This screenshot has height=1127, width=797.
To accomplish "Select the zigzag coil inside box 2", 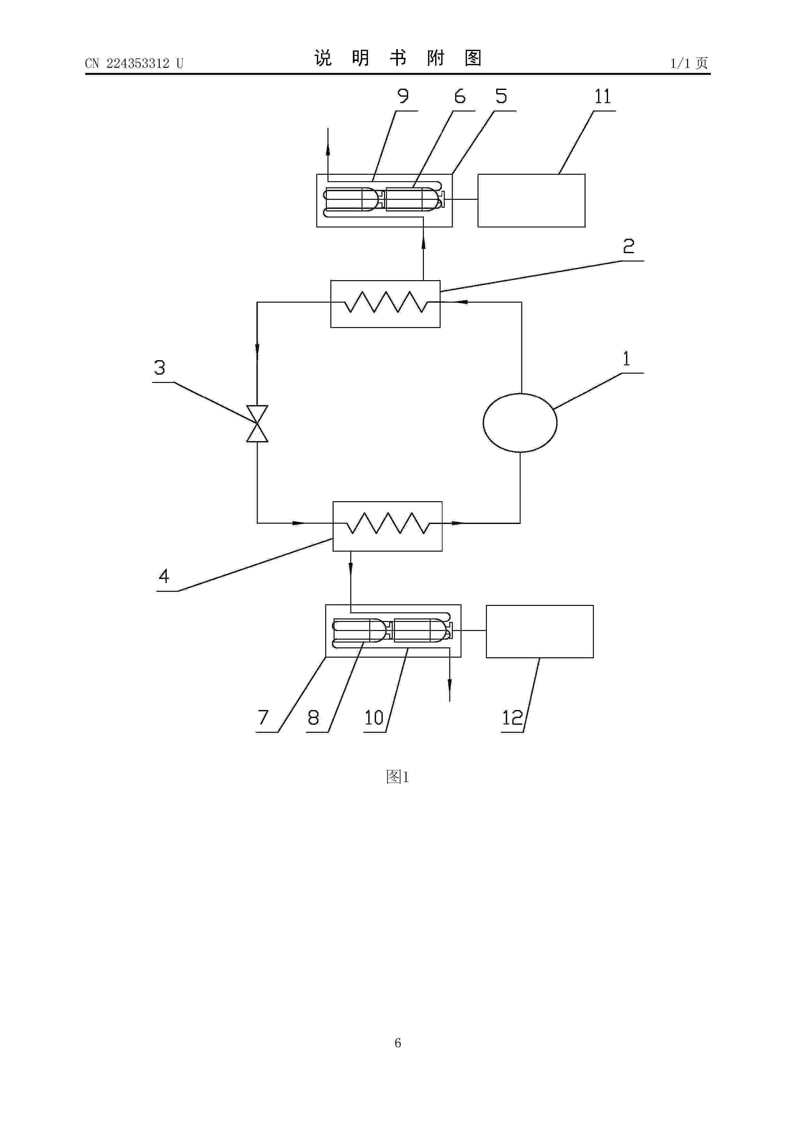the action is click(386, 302).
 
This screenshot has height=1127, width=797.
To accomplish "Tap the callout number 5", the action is click(501, 96).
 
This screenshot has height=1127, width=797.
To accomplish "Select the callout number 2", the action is click(629, 246).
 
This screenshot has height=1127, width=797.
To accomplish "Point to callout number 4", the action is click(164, 576).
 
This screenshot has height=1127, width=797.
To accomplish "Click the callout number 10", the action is click(374, 718).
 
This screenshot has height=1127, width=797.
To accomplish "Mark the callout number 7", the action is click(263, 718).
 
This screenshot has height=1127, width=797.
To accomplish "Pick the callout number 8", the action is click(313, 718).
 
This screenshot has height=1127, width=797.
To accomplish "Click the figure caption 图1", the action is click(398, 776).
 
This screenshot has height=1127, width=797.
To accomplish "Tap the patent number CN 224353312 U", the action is click(134, 63).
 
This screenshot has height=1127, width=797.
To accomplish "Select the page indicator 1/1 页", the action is click(689, 63).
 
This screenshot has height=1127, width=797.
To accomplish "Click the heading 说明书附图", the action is click(398, 58).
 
